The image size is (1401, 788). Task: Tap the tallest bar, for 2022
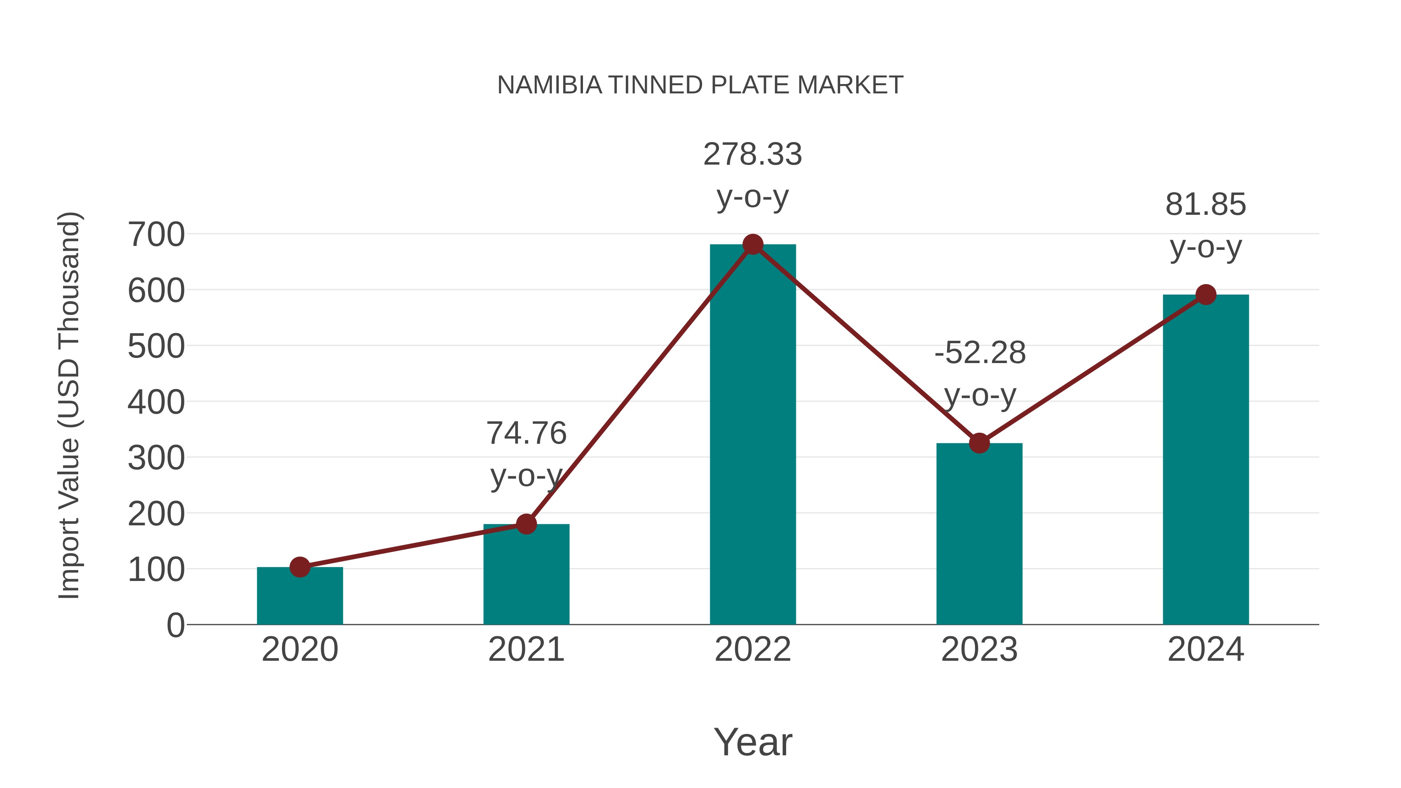tap(753, 435)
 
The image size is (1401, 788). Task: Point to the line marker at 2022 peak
tap(753, 245)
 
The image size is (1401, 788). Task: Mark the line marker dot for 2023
tap(979, 443)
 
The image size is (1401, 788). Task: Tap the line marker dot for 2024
tap(1206, 295)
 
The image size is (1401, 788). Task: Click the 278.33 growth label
tap(753, 154)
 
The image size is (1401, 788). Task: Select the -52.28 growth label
tap(980, 353)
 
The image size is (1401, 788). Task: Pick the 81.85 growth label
tap(1206, 205)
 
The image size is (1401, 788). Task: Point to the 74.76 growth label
tap(526, 433)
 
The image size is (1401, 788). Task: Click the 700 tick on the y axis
tap(156, 235)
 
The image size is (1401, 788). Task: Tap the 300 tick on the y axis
tap(156, 458)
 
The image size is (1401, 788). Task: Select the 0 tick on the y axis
tap(175, 625)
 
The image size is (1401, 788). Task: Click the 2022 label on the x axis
tap(753, 649)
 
